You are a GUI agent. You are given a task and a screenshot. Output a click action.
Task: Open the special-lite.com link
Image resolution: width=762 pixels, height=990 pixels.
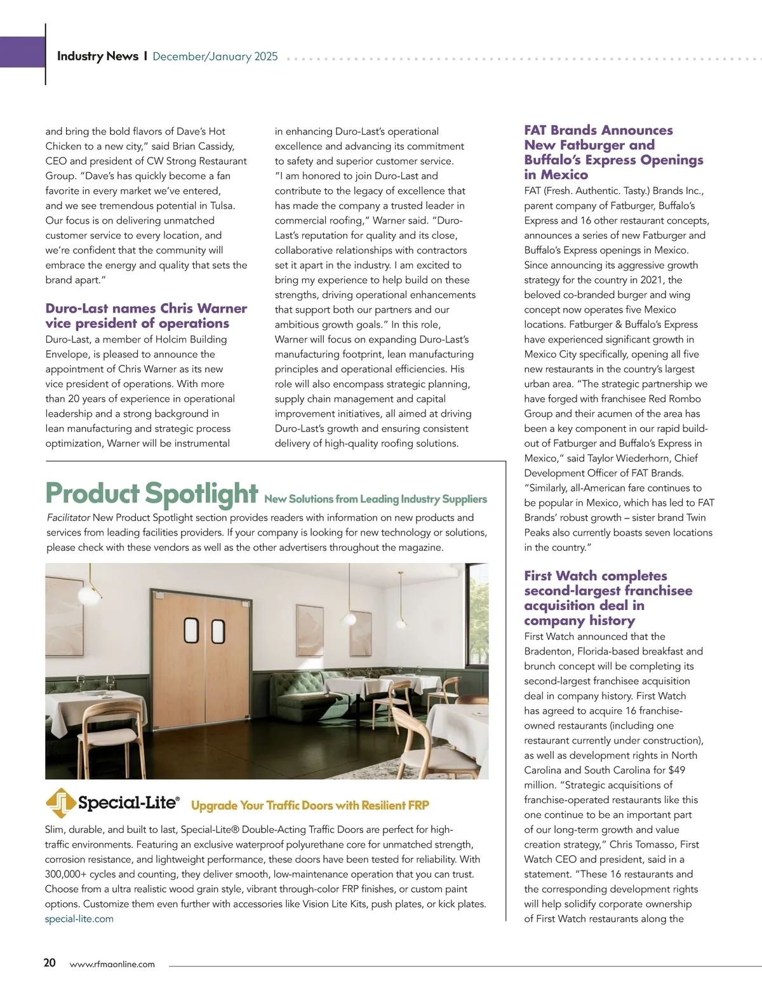(x=79, y=919)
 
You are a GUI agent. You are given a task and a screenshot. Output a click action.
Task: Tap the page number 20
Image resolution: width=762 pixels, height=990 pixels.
(x=50, y=963)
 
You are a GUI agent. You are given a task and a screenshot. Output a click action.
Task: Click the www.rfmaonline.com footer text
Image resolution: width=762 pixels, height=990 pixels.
(x=112, y=964)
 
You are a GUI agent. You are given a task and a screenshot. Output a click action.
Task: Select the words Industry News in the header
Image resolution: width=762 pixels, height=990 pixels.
(x=98, y=56)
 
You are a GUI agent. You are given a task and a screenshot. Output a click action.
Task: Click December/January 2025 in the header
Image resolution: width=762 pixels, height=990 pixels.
(x=215, y=57)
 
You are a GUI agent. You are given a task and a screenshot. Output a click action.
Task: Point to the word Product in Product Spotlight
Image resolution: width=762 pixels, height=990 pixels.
(x=91, y=493)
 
